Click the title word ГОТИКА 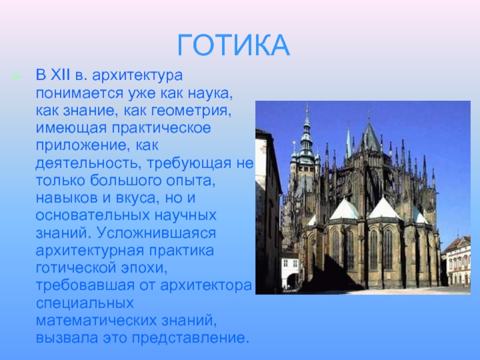[x=233, y=45]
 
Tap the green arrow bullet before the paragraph [x=17, y=76]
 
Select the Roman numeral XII [x=60, y=75]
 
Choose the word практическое [x=161, y=128]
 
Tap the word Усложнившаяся [x=157, y=233]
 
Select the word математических [x=96, y=320]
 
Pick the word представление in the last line [x=190, y=338]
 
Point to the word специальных [x=85, y=303]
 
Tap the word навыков [x=67, y=198]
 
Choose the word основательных [x=92, y=215]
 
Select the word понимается [x=79, y=93]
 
